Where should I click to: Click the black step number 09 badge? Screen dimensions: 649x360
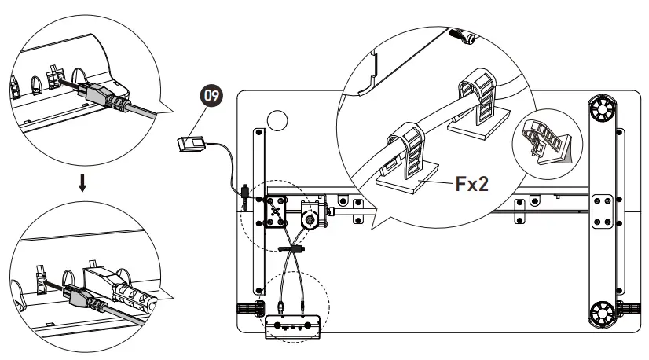click(211, 96)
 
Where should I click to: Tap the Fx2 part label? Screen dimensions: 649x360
click(472, 184)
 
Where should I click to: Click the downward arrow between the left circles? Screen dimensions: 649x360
click(82, 183)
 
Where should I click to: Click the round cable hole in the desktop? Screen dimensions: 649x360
click(277, 120)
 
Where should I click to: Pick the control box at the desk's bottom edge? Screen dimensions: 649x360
click(293, 327)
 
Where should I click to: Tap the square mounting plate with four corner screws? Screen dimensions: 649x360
click(275, 211)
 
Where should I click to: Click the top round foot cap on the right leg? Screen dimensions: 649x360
click(601, 108)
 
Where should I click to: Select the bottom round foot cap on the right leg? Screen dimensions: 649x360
click(602, 314)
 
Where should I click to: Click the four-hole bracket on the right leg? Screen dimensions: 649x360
click(602, 211)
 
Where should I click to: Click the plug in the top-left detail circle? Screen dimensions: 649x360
click(106, 97)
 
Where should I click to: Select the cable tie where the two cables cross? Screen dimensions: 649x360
click(291, 249)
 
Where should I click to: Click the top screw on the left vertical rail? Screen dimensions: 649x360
click(259, 133)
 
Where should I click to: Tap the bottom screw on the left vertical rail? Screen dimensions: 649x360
click(259, 291)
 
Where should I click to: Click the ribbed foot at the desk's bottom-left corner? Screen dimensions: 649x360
click(251, 309)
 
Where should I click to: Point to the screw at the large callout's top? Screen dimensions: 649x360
click(462, 36)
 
